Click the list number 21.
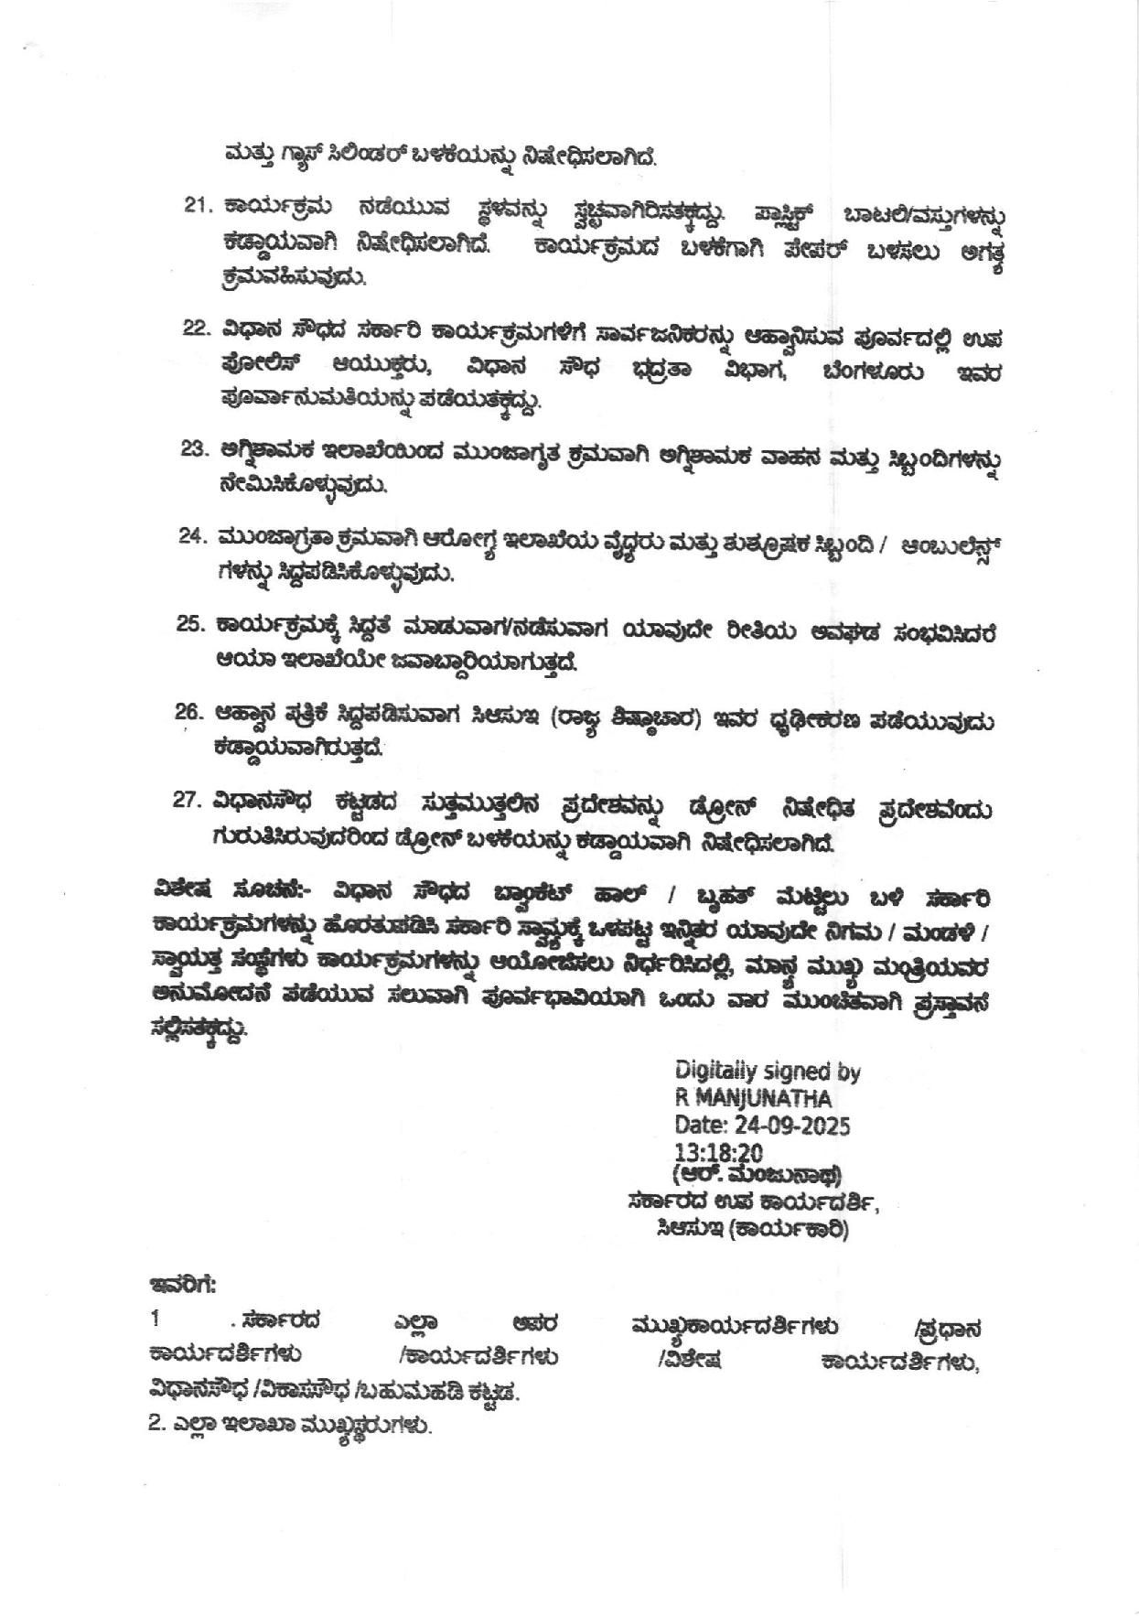196,206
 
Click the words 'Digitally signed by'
767,1071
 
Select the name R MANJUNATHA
753,1097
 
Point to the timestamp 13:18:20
718,1152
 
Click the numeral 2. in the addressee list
156,1426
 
